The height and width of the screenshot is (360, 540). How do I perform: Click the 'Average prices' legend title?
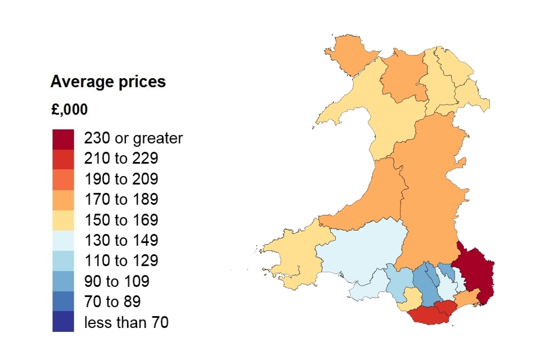pos(108,82)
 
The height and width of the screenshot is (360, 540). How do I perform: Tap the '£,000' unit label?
pos(69,110)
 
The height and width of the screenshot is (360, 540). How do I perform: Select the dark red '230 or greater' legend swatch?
pos(63,138)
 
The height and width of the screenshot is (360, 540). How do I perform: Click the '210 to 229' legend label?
pos(121,159)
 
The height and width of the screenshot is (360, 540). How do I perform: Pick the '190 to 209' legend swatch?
pos(63,179)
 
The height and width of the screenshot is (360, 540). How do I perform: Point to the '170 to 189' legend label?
pos(121,199)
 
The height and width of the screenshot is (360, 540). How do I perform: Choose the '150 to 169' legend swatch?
pos(63,220)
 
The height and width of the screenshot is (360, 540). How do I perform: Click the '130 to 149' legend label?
pos(121,241)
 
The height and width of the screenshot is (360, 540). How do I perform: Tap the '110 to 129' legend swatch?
pos(63,261)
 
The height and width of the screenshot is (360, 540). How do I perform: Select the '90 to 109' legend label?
pos(117,281)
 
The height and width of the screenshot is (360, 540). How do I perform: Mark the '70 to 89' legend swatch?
pos(63,301)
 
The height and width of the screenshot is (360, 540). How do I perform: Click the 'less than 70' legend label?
pos(126,322)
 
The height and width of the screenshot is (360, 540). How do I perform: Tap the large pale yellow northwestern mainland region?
pos(382,118)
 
